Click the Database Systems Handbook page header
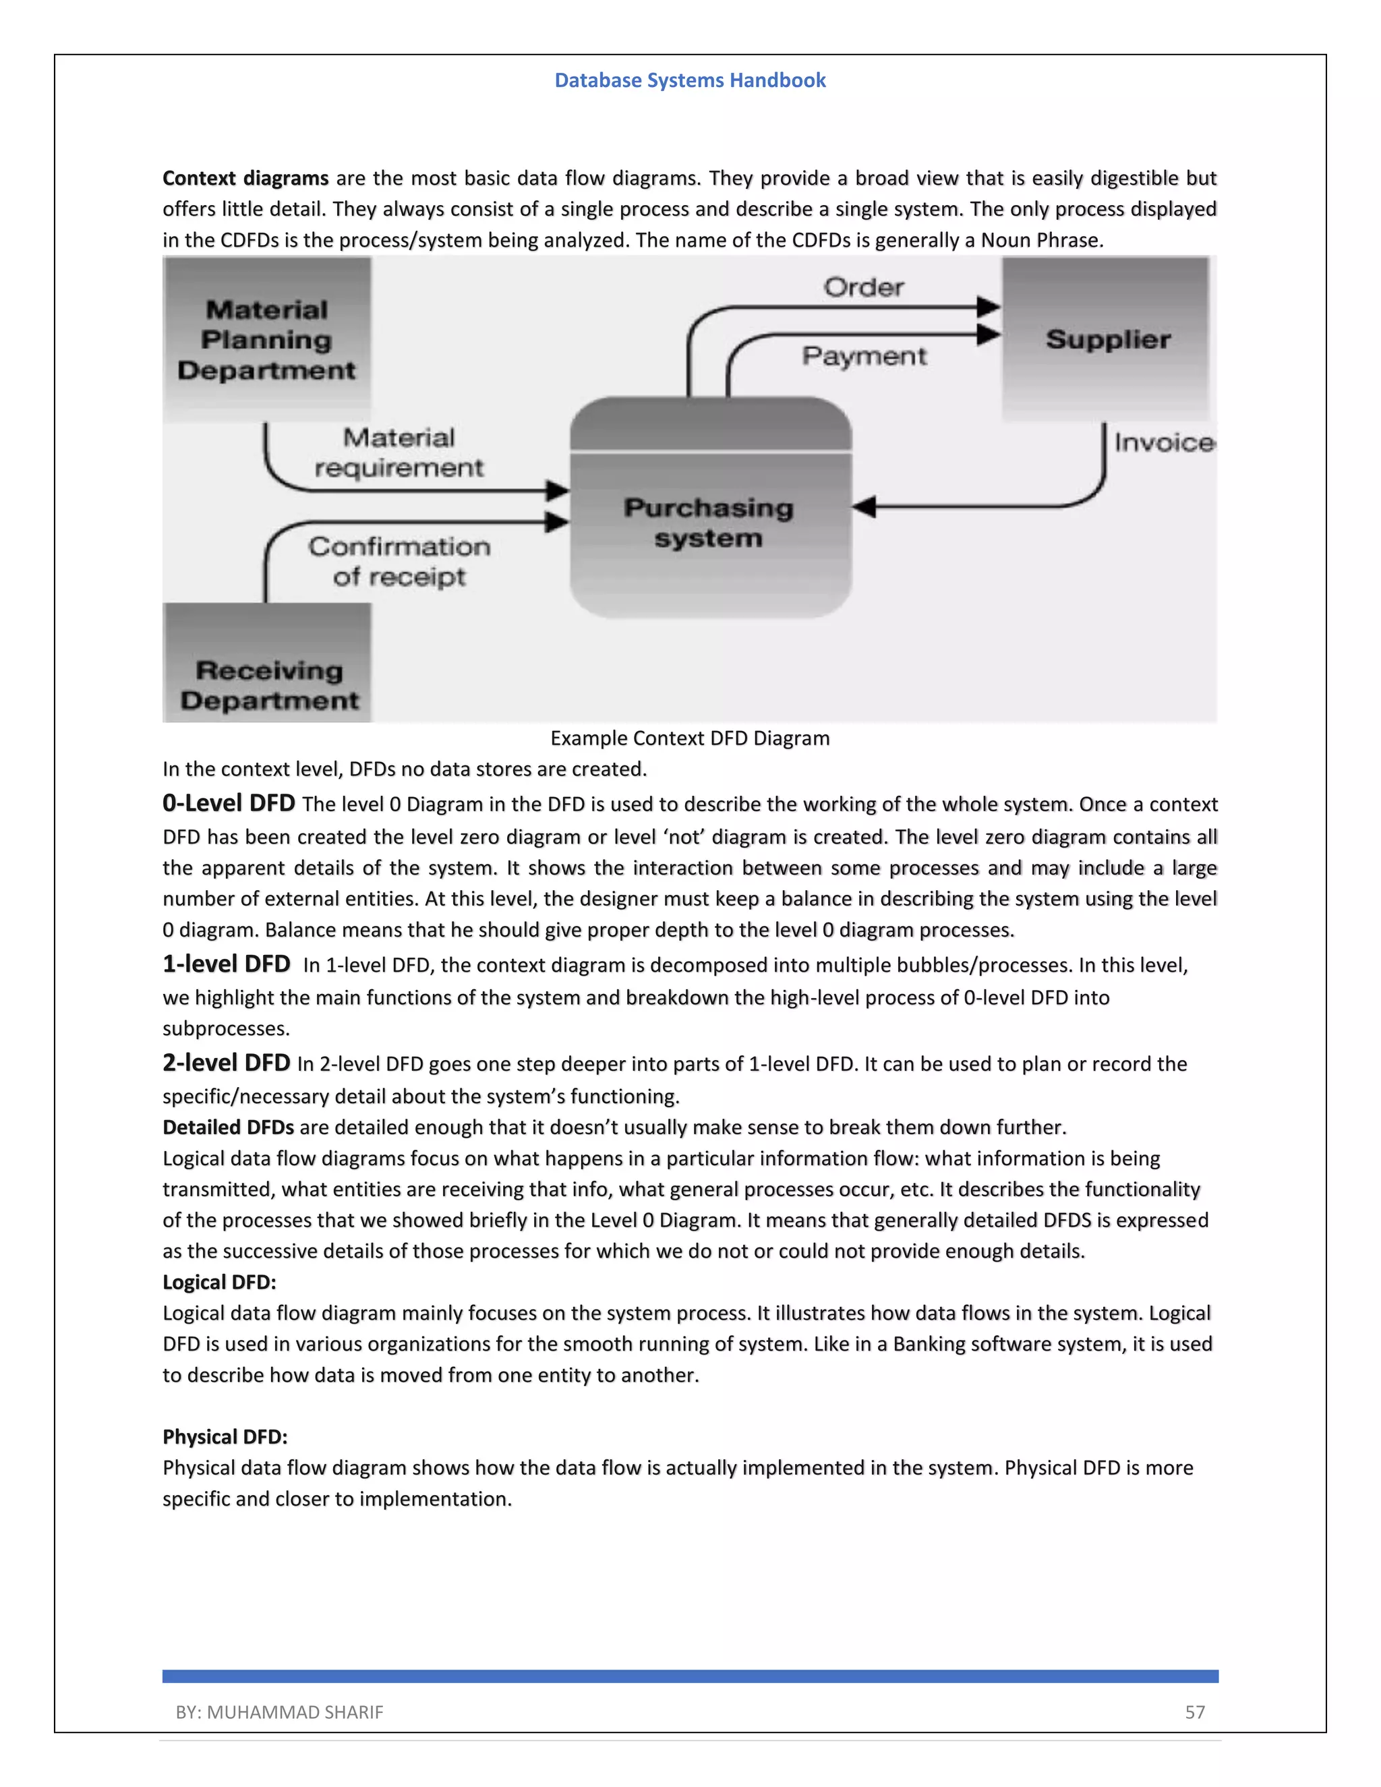690,80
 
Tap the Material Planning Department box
267,340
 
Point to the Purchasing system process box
710,522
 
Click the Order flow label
863,287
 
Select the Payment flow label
864,356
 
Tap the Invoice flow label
1163,442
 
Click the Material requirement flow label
399,452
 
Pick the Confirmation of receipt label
399,561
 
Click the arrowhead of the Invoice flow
864,507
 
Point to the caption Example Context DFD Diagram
690,738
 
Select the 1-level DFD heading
226,964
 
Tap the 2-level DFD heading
226,1063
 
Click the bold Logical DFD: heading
219,1282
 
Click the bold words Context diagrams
245,179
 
